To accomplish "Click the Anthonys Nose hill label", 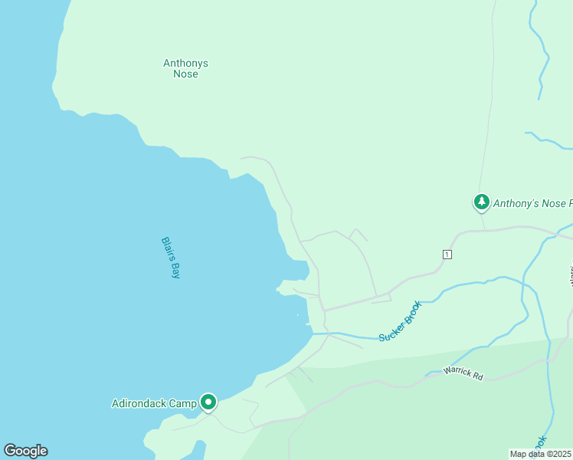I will (x=185, y=69).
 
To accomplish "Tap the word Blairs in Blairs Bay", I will (x=167, y=248).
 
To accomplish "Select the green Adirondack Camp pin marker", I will (x=208, y=402).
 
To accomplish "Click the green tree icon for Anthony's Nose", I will (x=481, y=202).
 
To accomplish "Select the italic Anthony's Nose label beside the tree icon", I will (x=532, y=204).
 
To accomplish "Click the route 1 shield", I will (x=447, y=255).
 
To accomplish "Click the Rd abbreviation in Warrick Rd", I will (x=477, y=377).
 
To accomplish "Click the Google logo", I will (x=25, y=451).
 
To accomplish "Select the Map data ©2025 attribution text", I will (x=540, y=454).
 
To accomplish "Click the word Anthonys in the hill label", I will (x=185, y=64).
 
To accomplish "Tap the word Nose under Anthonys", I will (x=185, y=74).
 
